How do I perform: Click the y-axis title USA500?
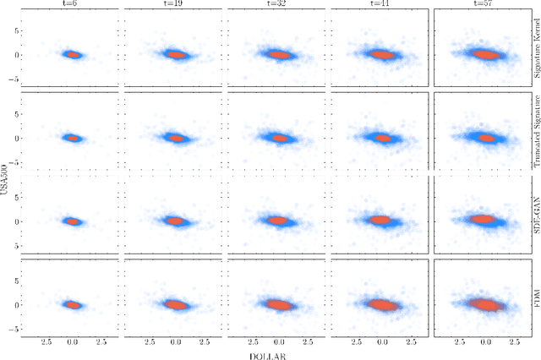click(x=6, y=180)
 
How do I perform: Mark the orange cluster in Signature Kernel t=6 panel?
click(x=73, y=55)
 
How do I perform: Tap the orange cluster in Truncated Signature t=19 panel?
click(x=175, y=138)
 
